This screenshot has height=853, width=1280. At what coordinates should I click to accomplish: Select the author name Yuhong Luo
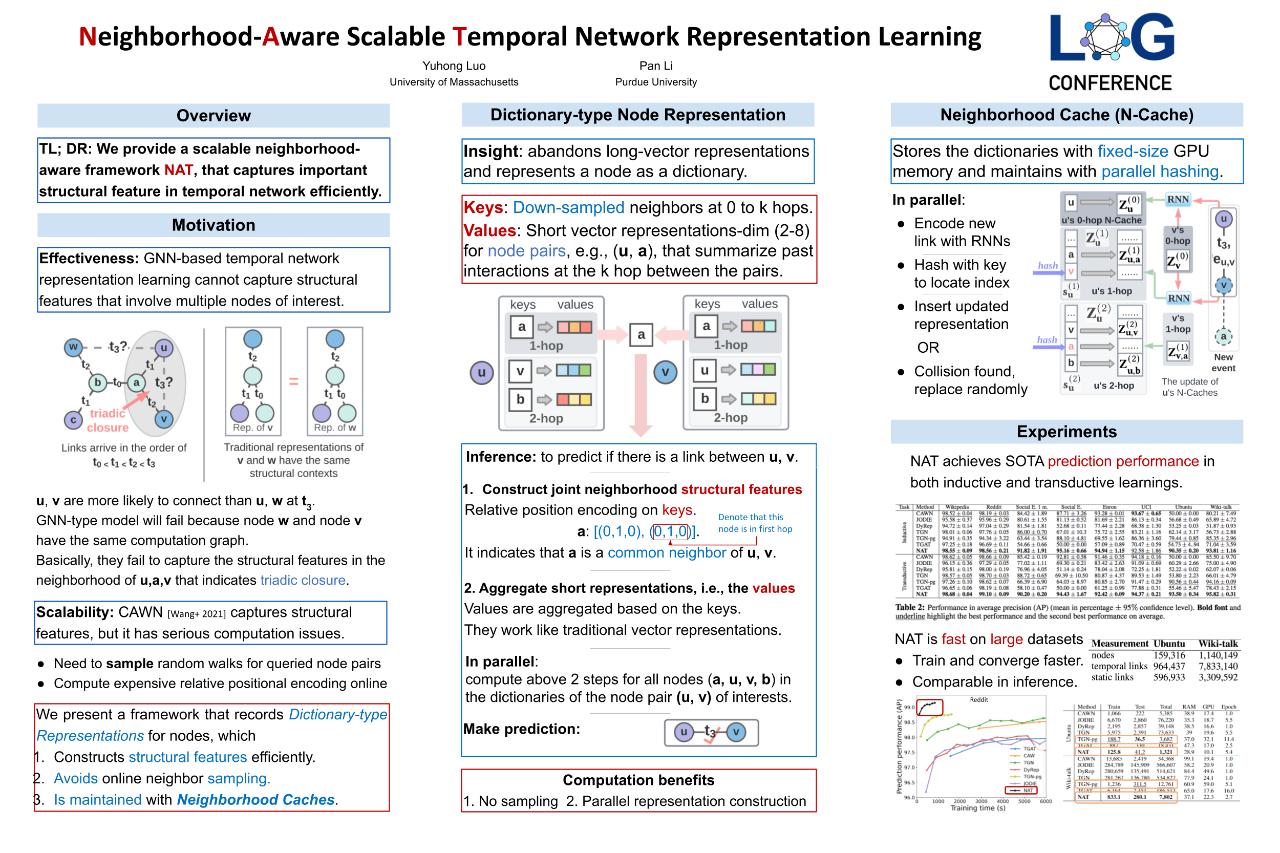point(454,66)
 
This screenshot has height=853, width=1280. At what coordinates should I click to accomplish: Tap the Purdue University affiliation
point(655,82)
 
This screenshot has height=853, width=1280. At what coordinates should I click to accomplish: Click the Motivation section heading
point(213,225)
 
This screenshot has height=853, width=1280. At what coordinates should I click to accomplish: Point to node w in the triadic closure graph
point(73,347)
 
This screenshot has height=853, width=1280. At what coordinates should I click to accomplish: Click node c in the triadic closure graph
point(73,420)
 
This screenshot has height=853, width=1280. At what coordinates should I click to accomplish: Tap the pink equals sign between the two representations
point(294,381)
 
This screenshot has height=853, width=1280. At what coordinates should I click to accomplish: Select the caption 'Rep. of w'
point(334,428)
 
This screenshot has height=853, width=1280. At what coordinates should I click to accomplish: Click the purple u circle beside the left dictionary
point(481,373)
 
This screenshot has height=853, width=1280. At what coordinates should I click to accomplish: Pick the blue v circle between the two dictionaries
point(665,373)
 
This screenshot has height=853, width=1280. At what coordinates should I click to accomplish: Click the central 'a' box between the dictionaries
point(642,334)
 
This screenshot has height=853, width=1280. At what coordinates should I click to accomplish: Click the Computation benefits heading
point(638,780)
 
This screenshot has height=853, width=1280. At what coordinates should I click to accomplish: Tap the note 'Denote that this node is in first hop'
point(755,523)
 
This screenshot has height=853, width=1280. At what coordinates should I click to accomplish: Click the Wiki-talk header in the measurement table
point(1218,644)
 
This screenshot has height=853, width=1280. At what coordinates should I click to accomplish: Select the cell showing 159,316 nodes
point(1168,655)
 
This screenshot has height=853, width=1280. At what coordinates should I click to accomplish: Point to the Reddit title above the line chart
point(978,699)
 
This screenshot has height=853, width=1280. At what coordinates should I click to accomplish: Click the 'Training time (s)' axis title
point(977,808)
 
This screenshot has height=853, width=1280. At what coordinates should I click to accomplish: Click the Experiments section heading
point(1066,432)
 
